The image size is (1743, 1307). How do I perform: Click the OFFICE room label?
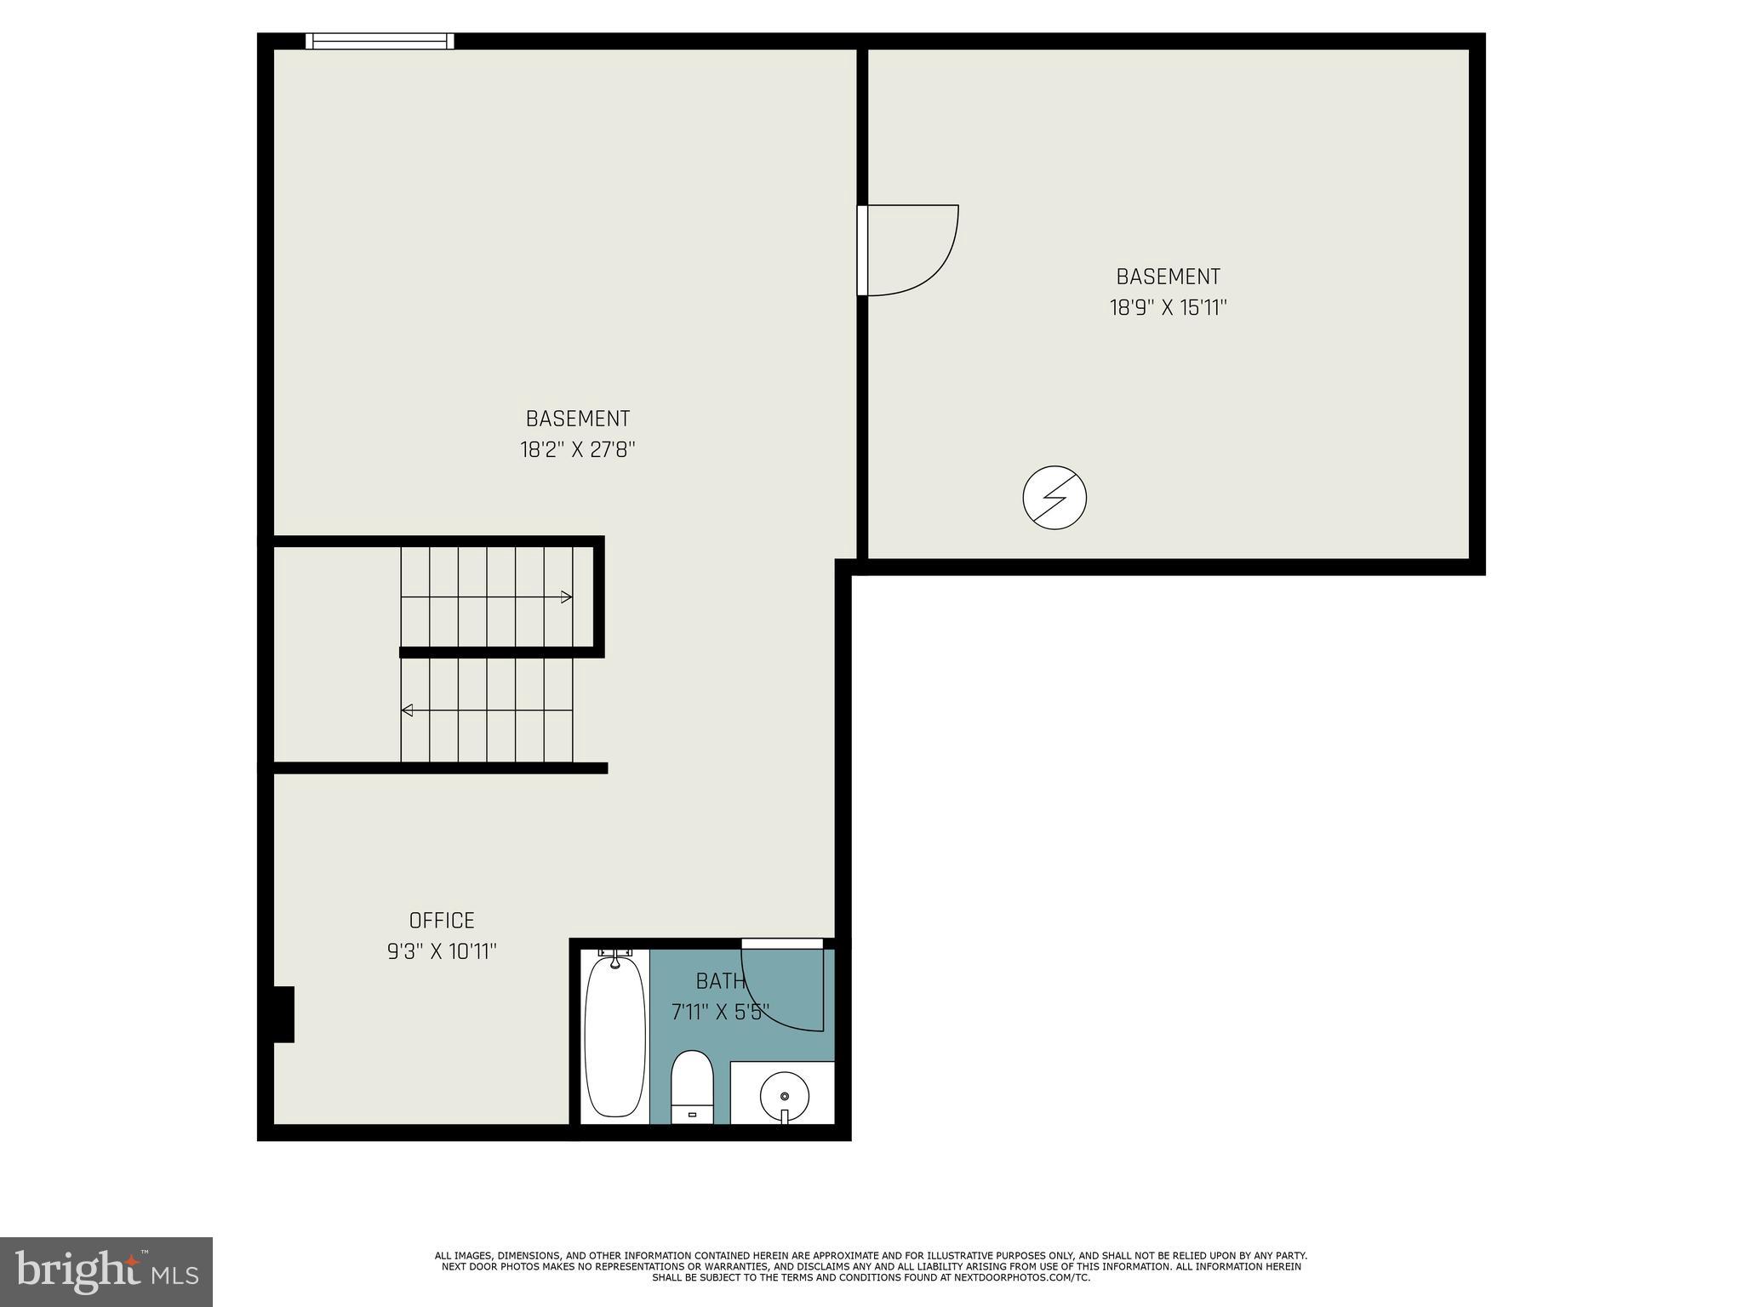point(442,920)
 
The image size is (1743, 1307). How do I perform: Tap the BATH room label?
point(720,981)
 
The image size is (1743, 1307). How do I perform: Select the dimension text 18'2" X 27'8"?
point(578,449)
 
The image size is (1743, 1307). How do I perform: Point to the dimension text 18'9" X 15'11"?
point(1168,307)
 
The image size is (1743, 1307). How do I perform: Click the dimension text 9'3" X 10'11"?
point(442,951)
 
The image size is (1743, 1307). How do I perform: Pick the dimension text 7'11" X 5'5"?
point(720,1012)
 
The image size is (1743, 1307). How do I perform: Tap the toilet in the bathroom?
point(691,1086)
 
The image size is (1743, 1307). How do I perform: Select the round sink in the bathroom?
point(784,1096)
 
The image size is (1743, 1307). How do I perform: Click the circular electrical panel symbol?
point(1054,498)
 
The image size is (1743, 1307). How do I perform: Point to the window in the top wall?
point(380,41)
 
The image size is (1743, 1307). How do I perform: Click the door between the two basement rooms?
point(863,250)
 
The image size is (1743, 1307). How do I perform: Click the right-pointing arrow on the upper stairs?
point(566,597)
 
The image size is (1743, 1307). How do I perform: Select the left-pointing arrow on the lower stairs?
point(408,710)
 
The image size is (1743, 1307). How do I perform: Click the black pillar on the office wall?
point(283,1013)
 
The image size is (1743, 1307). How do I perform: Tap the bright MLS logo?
point(106,1272)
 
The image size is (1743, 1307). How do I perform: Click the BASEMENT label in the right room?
point(1168,277)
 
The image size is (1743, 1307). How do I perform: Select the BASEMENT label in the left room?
point(578,419)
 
